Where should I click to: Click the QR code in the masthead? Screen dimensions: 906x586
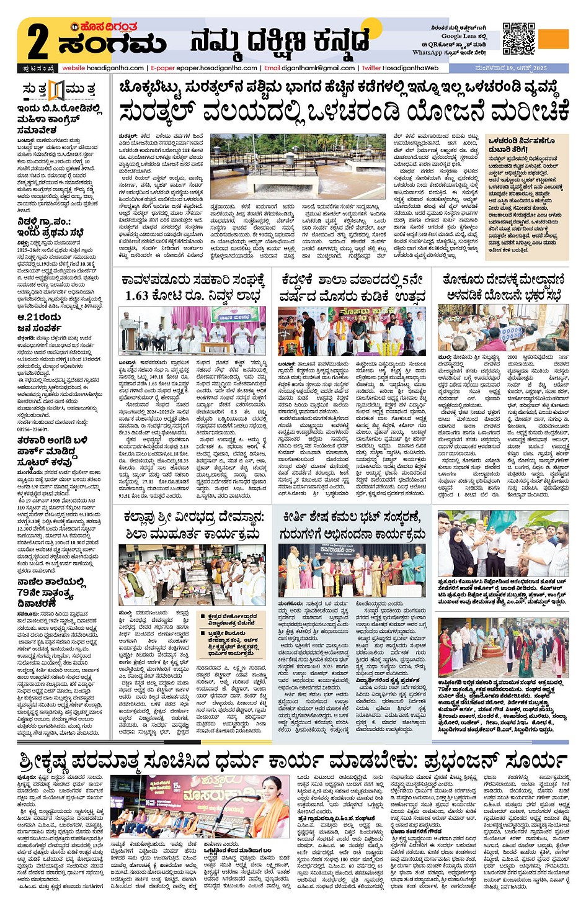pos(518,38)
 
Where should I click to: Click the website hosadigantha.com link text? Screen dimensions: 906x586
pos(103,68)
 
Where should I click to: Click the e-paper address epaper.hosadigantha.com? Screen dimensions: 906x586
pos(216,68)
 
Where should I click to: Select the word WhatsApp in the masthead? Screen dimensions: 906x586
pos(427,53)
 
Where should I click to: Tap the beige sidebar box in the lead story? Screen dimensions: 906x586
pos(526,197)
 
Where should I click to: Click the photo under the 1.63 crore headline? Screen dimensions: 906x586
pos(192,330)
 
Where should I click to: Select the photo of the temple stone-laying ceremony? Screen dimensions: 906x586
pos(192,575)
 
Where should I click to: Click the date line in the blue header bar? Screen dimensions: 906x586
pos(511,68)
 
